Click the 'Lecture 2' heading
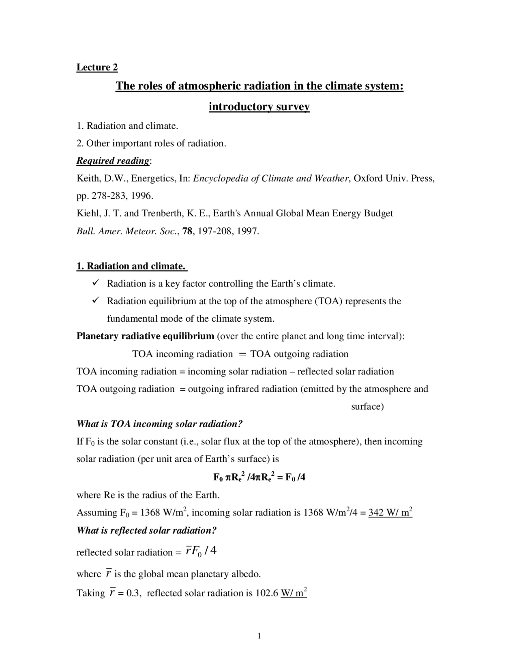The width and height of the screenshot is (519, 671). [97, 67]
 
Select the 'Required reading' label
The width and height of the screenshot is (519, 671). [113, 161]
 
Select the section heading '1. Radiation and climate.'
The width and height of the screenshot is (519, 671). [131, 266]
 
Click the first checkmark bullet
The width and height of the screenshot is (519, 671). [96, 283]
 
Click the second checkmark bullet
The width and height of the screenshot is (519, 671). [96, 301]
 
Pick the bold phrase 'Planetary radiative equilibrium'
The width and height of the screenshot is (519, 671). [145, 336]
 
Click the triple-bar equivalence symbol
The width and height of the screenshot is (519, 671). [242, 354]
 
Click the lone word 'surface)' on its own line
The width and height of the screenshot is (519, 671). [367, 406]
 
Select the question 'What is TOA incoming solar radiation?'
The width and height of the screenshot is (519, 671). [159, 424]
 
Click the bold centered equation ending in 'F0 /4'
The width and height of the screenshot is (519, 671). [259, 477]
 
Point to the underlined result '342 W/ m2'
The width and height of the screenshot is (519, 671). [390, 513]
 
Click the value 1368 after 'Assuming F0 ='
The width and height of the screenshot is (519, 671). [150, 513]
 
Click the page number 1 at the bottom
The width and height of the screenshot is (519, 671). [259, 636]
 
